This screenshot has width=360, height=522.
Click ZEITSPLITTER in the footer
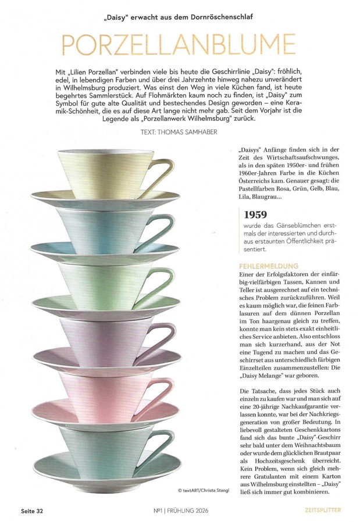click(x=323, y=511)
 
